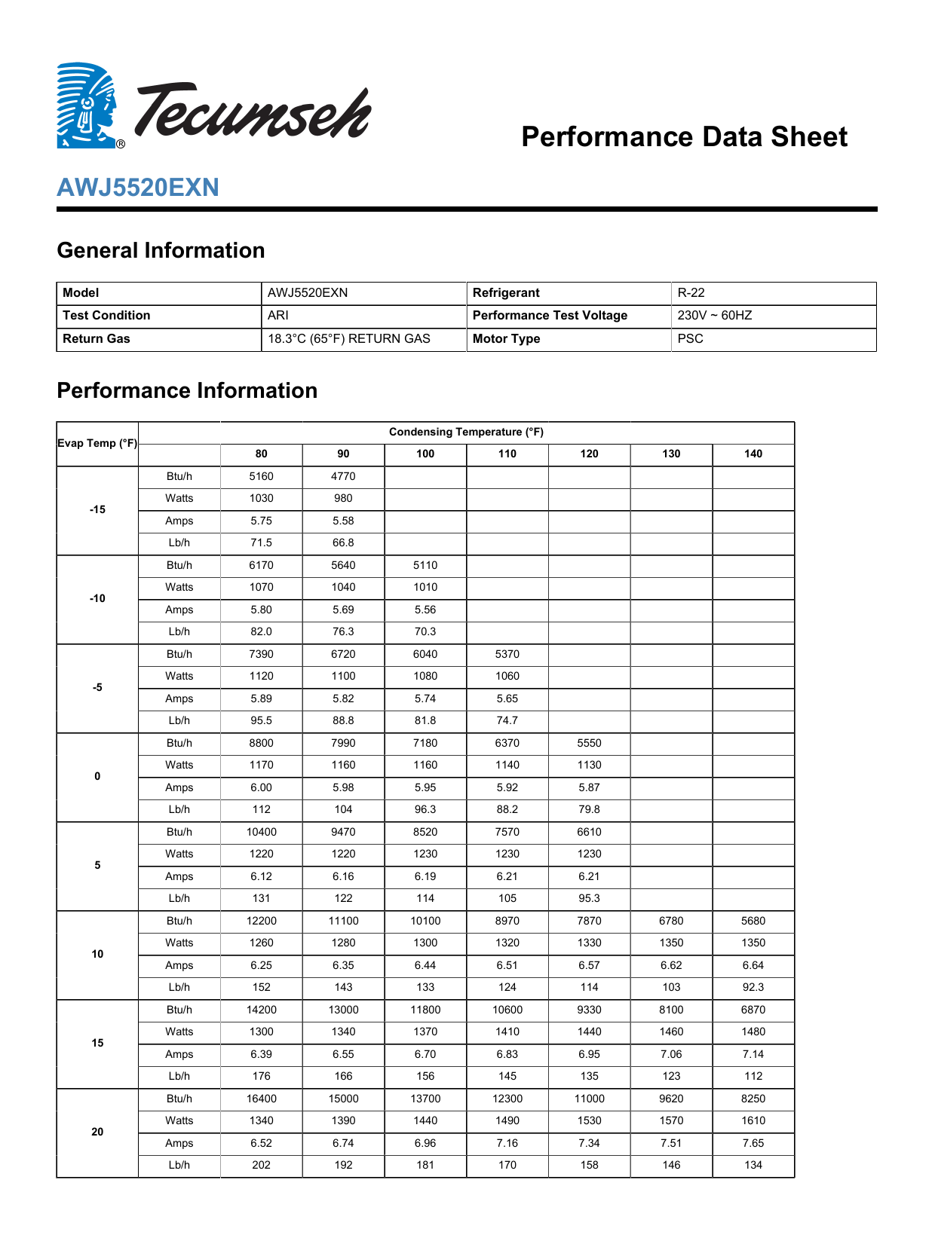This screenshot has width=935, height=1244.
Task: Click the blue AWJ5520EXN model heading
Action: [x=138, y=188]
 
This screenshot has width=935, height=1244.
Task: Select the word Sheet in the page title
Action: [x=806, y=137]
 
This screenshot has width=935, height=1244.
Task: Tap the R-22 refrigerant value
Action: [x=691, y=293]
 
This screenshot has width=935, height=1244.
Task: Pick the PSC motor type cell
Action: [x=690, y=339]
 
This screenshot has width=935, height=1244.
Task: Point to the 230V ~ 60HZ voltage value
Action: [x=714, y=316]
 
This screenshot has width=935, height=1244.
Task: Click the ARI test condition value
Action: [x=278, y=316]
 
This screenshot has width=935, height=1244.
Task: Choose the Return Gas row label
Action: [x=97, y=339]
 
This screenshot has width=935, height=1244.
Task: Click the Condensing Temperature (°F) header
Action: [x=466, y=432]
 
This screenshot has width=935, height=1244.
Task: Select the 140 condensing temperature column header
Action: [x=753, y=454]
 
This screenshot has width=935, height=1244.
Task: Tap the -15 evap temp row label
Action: [x=97, y=510]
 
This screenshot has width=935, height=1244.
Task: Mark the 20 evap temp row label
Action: [x=97, y=1132]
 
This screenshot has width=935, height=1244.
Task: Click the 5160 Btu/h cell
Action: [x=262, y=477]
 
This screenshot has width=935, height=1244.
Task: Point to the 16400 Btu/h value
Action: [x=262, y=1099]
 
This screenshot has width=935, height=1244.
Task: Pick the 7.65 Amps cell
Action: [x=753, y=1144]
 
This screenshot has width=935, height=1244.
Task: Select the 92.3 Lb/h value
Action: [x=753, y=988]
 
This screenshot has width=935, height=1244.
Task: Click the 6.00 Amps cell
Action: [x=262, y=788]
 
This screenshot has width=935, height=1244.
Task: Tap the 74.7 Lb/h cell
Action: [x=507, y=721]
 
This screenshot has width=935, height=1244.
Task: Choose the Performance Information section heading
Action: [x=187, y=391]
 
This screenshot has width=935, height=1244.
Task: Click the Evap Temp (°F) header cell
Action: [x=97, y=444]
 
